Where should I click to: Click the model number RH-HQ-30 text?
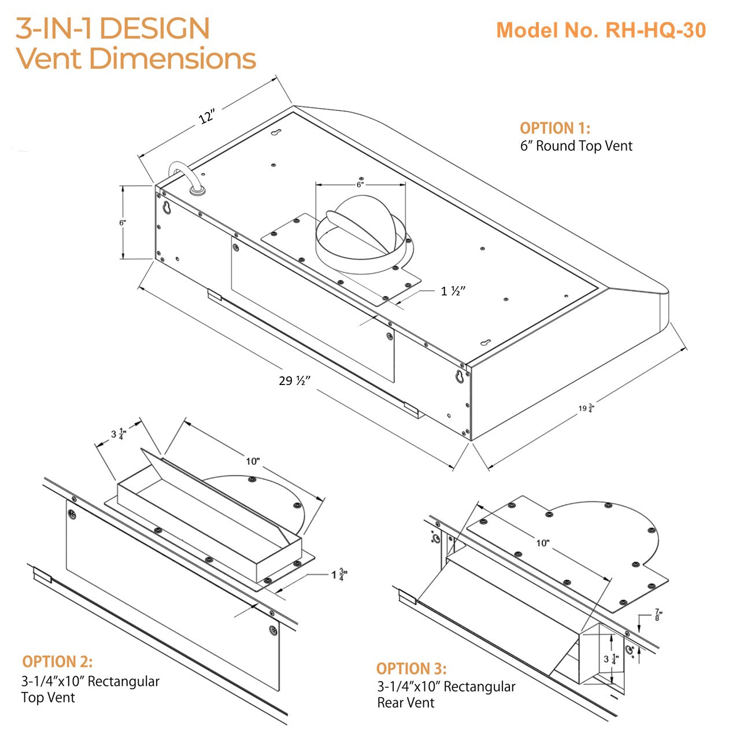(601, 30)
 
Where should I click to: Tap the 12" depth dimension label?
(207, 116)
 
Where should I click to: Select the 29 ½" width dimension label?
(295, 381)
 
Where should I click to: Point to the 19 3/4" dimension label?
(586, 409)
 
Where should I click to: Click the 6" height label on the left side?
(123, 222)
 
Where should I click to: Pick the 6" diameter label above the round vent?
(360, 184)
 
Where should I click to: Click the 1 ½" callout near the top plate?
(453, 291)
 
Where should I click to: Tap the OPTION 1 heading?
(555, 128)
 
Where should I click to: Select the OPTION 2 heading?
(57, 662)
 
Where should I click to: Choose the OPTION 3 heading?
(411, 669)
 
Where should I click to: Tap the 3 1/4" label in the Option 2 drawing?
(119, 434)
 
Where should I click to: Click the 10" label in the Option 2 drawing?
(253, 461)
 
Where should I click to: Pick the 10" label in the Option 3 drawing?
(542, 543)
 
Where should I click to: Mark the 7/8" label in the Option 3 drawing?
(658, 615)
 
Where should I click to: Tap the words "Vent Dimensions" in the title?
(136, 58)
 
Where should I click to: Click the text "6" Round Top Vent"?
(576, 146)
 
